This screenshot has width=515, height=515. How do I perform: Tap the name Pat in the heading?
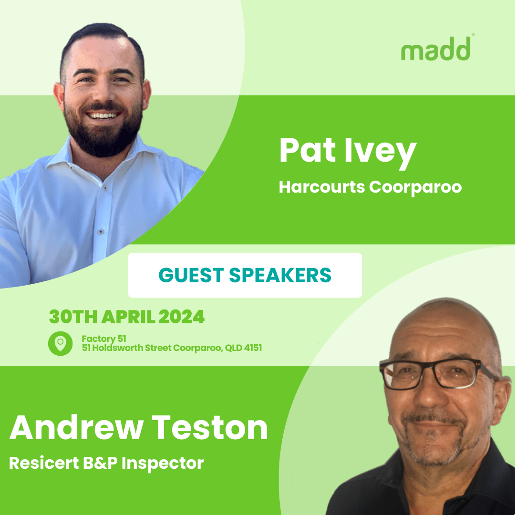308,150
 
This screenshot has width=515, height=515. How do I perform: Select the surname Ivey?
381,153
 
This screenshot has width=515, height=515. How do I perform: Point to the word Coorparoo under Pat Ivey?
415,188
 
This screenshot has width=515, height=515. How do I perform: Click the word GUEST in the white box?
191,275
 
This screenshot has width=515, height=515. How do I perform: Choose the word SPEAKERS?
280,275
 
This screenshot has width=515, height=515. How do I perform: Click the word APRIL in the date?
128,317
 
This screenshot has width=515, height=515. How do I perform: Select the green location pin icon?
61,343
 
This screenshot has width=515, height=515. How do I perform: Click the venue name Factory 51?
104,339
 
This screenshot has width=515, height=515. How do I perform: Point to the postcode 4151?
253,348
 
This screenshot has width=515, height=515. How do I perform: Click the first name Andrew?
76,427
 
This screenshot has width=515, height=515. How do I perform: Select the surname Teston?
210,427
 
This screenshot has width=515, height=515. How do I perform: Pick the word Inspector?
163,463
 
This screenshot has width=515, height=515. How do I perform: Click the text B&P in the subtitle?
100,463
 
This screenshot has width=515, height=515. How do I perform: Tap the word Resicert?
44,463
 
